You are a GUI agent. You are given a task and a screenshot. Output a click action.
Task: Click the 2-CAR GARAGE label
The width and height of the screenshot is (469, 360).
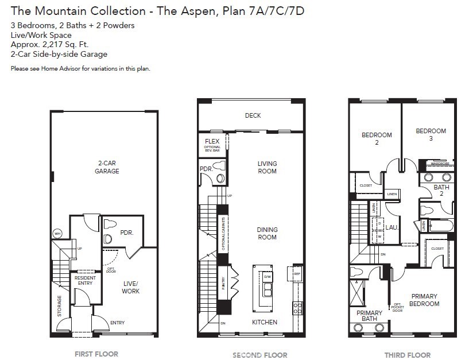(x=107, y=167)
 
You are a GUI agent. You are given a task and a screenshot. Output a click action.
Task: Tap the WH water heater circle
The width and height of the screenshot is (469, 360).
(x=57, y=234)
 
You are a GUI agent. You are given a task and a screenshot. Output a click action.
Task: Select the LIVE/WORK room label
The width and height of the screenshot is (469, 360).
(x=130, y=287)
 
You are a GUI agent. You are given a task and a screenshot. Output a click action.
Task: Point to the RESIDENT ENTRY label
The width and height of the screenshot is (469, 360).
(x=86, y=281)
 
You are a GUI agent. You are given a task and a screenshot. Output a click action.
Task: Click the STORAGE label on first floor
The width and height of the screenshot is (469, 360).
(x=60, y=305)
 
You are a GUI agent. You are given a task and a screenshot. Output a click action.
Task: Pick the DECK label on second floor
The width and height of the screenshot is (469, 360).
(x=253, y=115)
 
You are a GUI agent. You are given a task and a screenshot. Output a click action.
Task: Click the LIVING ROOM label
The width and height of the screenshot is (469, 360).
(x=267, y=167)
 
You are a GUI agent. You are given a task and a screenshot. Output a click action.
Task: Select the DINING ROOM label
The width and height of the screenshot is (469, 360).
(x=267, y=233)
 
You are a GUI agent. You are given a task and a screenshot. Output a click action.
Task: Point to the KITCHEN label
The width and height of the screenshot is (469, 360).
(x=265, y=322)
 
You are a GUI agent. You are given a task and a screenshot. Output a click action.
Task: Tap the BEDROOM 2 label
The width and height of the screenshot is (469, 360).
(x=377, y=138)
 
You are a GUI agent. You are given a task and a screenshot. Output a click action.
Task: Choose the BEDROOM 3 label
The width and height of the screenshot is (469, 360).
(x=431, y=134)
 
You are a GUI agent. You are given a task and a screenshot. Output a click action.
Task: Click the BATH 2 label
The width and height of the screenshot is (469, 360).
(x=441, y=190)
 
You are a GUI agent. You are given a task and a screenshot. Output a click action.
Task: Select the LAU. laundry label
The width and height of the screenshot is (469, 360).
(x=392, y=227)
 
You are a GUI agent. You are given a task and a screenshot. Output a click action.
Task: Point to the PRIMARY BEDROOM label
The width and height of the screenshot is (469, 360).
(x=425, y=300)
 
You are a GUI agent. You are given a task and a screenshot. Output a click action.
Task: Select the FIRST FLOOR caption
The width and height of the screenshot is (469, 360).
(x=96, y=354)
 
